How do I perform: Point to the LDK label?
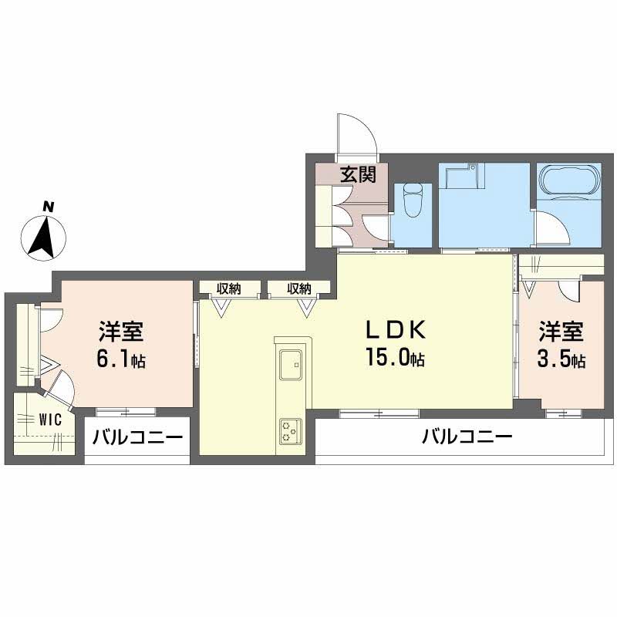pos(395,330)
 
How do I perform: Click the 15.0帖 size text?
pos(396,358)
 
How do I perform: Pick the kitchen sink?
pos(292,364)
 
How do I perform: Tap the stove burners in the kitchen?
pos(292,431)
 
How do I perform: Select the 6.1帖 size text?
pos(121,359)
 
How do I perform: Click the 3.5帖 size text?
pos(561,360)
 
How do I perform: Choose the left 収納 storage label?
pos(228,288)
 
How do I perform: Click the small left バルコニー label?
pos(137,438)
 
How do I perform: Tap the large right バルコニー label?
pos(467,438)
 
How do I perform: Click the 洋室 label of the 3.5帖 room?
pos(561,332)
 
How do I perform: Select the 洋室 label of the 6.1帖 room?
pos(121,332)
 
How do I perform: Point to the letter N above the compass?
pos(48,206)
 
